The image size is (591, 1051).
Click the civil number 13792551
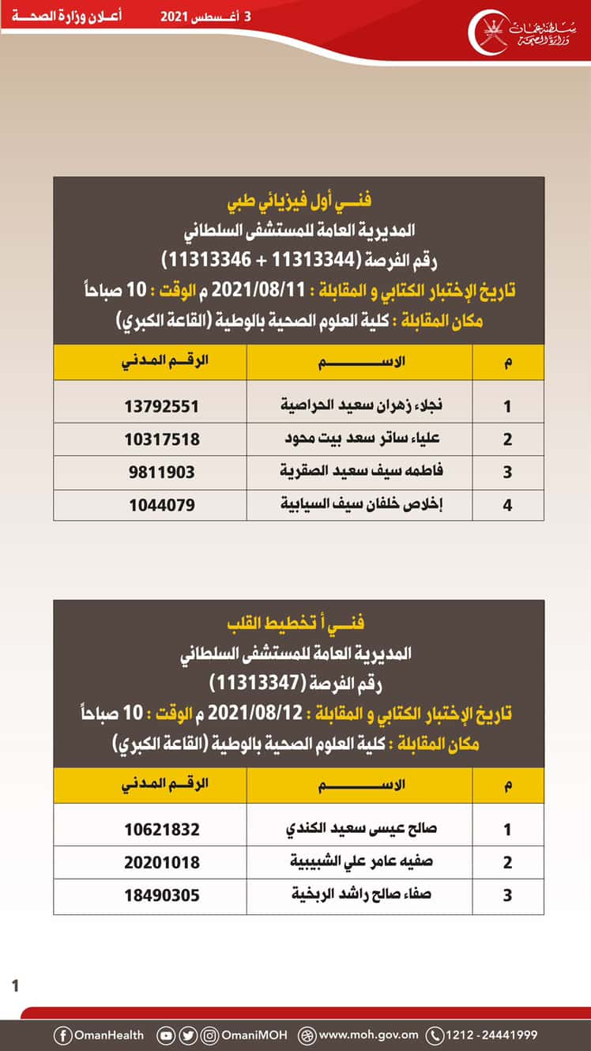[x=161, y=406]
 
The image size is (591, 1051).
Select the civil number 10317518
[x=161, y=439]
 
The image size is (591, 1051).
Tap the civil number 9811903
[x=161, y=473]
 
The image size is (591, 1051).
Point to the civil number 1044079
[x=161, y=504]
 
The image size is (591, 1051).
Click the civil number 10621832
[x=161, y=830]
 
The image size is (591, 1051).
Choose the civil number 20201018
[x=161, y=862]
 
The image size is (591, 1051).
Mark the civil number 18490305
[x=161, y=895]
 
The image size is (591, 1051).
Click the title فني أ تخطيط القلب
[x=299, y=623]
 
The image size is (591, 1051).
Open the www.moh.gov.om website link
[x=368, y=1034]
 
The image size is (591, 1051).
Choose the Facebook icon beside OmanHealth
[x=62, y=1034]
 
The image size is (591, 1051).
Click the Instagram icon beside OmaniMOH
[x=209, y=1034]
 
